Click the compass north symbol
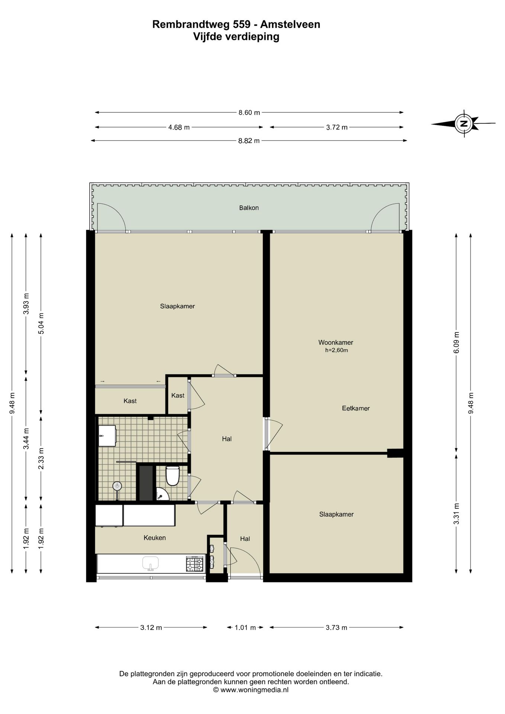[x=463, y=123]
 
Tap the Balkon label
[x=249, y=208]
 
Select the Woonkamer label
[x=336, y=342]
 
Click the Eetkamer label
[x=356, y=408]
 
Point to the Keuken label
[x=155, y=538]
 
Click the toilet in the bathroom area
[x=173, y=476]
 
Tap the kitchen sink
[x=151, y=563]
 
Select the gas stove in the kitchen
[x=195, y=564]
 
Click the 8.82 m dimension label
[x=249, y=141]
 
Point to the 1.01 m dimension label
[x=245, y=628]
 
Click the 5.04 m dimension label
[x=41, y=323]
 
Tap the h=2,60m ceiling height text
[x=337, y=350]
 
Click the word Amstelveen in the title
[x=290, y=25]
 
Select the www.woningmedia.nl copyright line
[x=251, y=690]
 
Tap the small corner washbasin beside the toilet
[x=162, y=495]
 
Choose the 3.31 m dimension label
[x=457, y=514]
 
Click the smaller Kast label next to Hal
[x=178, y=395]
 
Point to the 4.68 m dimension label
[x=179, y=127]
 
